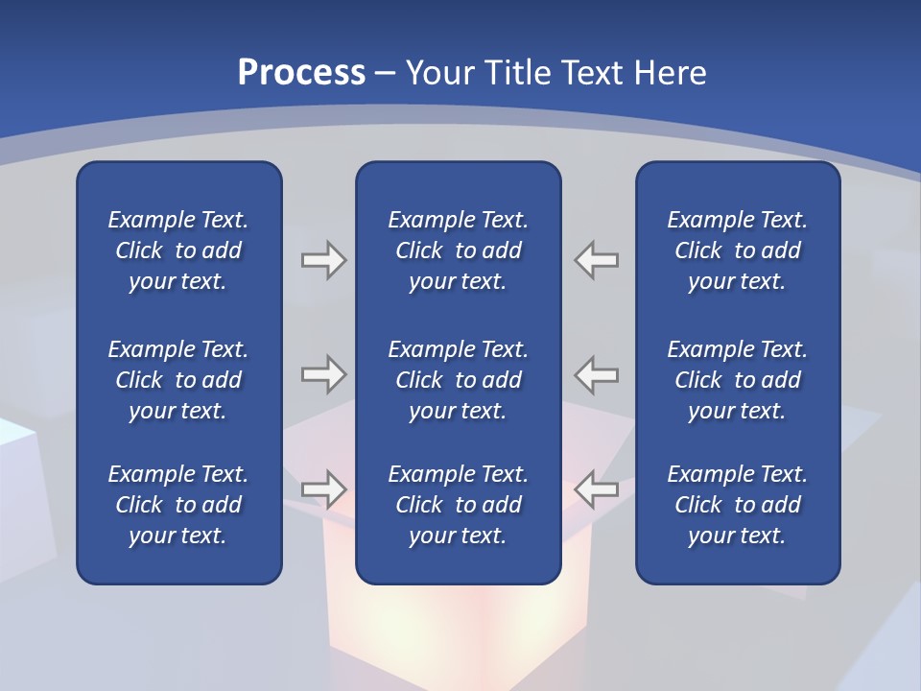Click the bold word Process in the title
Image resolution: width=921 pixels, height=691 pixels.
(x=301, y=73)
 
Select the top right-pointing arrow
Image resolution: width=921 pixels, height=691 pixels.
(x=323, y=260)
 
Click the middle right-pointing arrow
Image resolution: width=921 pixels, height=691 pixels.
(x=323, y=374)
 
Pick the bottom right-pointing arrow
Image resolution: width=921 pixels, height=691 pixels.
(x=323, y=489)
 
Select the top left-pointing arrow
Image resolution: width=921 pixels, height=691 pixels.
(x=597, y=260)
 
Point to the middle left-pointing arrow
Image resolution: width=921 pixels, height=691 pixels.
(x=597, y=374)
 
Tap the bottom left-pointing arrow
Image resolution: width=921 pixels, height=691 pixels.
(x=597, y=489)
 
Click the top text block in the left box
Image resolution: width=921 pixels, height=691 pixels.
(x=178, y=250)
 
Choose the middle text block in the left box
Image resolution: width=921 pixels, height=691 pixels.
(x=178, y=380)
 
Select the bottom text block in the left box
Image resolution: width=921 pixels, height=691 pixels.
(x=178, y=505)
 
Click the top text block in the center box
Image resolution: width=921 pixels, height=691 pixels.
(x=458, y=250)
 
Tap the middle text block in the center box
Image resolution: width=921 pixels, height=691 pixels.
(x=458, y=380)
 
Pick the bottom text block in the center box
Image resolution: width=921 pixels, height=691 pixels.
(x=458, y=505)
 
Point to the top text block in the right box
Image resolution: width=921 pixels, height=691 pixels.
(x=737, y=250)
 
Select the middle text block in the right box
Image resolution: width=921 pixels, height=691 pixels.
(x=737, y=380)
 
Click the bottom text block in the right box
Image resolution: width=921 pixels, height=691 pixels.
(x=737, y=505)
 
